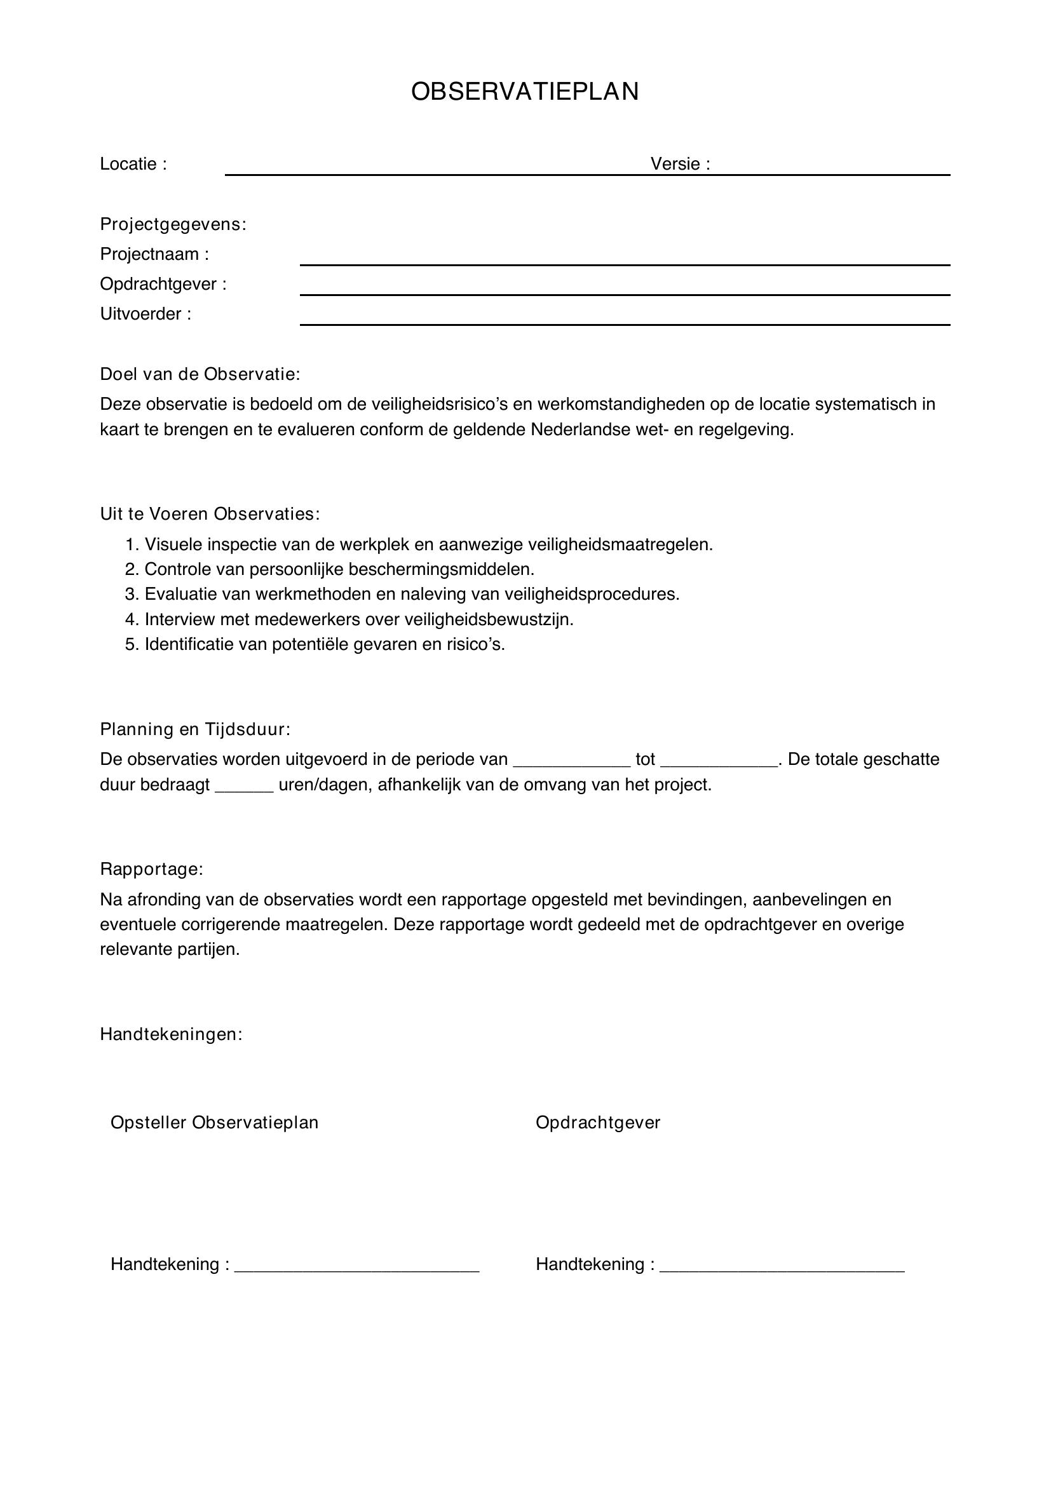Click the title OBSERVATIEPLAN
[x=525, y=92]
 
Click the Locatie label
[x=133, y=165]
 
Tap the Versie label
[x=679, y=165]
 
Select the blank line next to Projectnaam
[x=625, y=262]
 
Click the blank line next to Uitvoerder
[x=625, y=321]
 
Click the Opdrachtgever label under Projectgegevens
[x=163, y=284]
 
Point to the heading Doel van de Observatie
[x=200, y=374]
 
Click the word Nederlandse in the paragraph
[x=580, y=429]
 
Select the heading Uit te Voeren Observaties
[x=210, y=514]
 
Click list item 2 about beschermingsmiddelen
[x=330, y=569]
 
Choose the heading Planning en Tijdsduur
[x=195, y=729]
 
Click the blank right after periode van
[x=571, y=764]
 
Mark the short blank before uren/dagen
[x=243, y=789]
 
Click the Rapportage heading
[x=151, y=869]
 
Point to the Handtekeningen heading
[x=171, y=1034]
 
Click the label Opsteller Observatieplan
[x=214, y=1122]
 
